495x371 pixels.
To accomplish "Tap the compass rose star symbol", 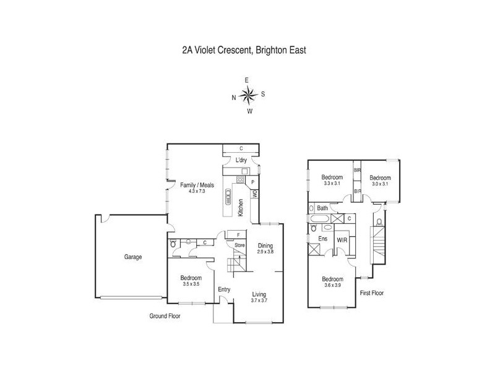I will [x=248, y=95].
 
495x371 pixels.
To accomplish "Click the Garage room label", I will [x=132, y=257].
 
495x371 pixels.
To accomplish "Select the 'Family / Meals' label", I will [x=192, y=185].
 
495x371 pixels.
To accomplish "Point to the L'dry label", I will [x=241, y=161].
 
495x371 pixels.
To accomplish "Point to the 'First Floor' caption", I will [x=372, y=293].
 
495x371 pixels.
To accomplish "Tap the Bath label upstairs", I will [x=322, y=208].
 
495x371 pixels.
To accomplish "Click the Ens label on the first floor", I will [x=322, y=238].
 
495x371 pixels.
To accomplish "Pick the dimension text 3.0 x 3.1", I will [x=379, y=183].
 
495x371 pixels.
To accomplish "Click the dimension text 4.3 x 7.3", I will [x=192, y=191].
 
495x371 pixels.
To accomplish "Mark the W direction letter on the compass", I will [x=249, y=112].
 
